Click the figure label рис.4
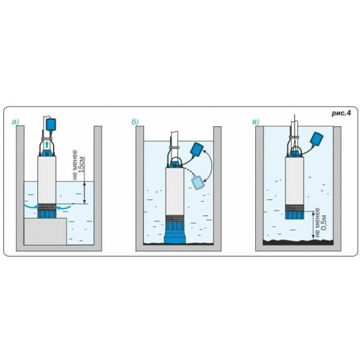341,113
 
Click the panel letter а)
15,122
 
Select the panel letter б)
135,122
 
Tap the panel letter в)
255,122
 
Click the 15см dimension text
82,164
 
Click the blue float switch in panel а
51,124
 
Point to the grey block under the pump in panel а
45,232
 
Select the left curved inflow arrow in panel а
31,206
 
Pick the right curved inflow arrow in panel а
64,207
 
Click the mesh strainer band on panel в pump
295,207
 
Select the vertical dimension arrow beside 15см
84,192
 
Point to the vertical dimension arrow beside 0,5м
312,226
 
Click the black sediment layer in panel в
298,242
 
